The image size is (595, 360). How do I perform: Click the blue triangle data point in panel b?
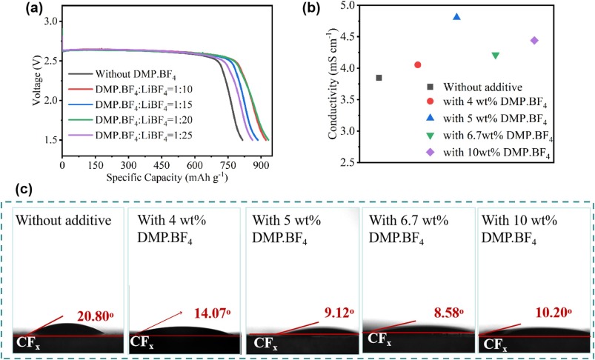coord(456,16)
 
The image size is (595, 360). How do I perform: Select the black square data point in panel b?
coord(379,78)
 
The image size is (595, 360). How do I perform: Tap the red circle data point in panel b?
coord(418,65)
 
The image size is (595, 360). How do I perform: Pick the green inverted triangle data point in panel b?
coord(495,56)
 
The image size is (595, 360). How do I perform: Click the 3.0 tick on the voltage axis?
coord(50,21)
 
